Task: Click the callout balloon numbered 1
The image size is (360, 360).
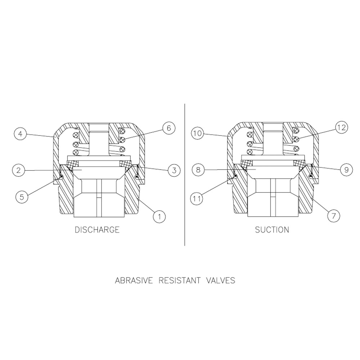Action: (159, 216)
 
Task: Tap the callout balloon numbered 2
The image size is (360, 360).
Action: (19, 170)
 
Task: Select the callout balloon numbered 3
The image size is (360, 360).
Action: (174, 170)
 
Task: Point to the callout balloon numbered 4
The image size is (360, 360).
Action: (21, 134)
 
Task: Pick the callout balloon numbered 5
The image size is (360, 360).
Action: (22, 197)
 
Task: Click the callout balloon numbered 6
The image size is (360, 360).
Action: (169, 128)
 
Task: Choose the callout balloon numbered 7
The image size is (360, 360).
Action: (334, 216)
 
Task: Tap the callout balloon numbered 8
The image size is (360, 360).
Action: (198, 170)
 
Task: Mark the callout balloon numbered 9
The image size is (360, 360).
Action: (346, 170)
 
